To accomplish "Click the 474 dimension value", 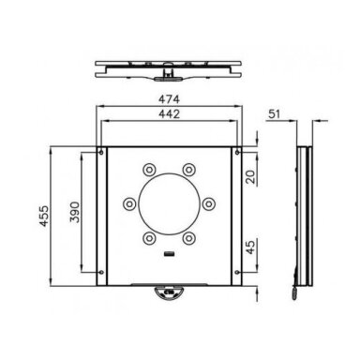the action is pos(169,99).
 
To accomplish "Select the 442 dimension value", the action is pos(169,114).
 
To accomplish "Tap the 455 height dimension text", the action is pos(44,216).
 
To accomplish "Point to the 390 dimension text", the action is pos(75,212).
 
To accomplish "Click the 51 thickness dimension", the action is pos(275,114).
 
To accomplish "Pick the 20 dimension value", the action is pos(250,177).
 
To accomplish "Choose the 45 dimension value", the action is pos(250,247).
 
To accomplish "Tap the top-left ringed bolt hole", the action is pos(149,170).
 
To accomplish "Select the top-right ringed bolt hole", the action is pos(188,170).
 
